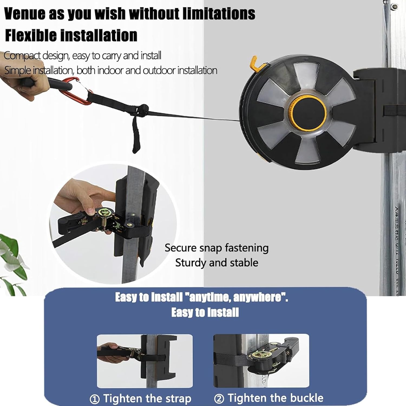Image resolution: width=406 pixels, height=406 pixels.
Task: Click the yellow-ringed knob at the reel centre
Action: click(307, 113)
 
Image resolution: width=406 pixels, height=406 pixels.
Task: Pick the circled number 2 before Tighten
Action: click(219, 399)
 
